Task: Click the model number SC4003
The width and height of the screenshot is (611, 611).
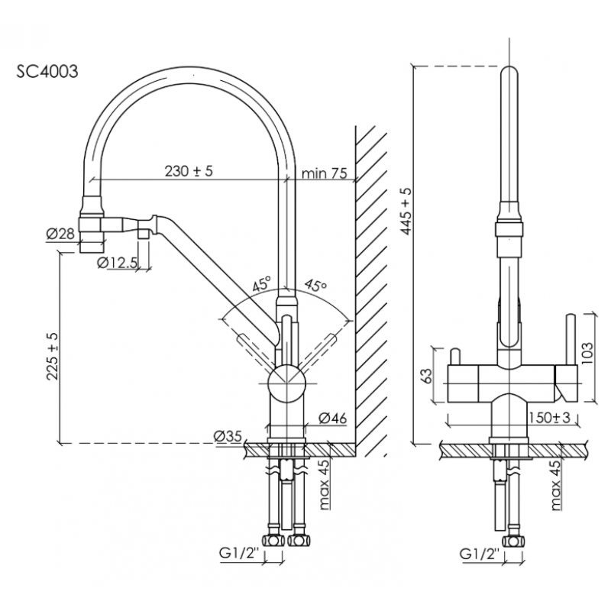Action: tap(47, 71)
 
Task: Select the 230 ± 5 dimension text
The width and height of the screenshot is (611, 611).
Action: tap(189, 170)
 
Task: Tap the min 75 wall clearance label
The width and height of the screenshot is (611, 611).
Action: tap(324, 173)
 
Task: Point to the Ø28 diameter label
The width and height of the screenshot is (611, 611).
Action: tap(60, 234)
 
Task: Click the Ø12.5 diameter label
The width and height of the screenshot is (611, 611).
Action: tap(117, 263)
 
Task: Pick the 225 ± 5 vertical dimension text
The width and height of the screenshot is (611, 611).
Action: tap(52, 356)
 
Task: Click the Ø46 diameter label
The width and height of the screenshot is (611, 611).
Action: tap(332, 418)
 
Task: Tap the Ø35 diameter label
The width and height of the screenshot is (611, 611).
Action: tap(228, 436)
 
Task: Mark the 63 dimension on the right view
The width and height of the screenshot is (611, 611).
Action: tap(428, 376)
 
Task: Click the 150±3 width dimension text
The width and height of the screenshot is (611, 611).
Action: tap(549, 418)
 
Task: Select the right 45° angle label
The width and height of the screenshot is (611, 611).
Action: tap(315, 285)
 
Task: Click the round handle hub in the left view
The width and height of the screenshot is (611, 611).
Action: tap(286, 383)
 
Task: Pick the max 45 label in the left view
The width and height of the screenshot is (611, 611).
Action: tap(323, 484)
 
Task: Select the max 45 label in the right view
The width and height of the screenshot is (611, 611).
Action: tap(556, 484)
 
